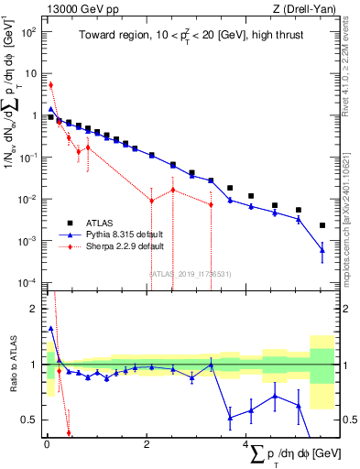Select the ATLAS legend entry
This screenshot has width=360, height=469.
click(101, 223)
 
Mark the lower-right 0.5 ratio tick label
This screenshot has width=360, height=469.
click(349, 420)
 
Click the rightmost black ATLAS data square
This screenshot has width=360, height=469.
click(322, 225)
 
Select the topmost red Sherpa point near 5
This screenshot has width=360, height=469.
click(50, 84)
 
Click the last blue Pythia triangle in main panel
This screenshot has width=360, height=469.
click(322, 249)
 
